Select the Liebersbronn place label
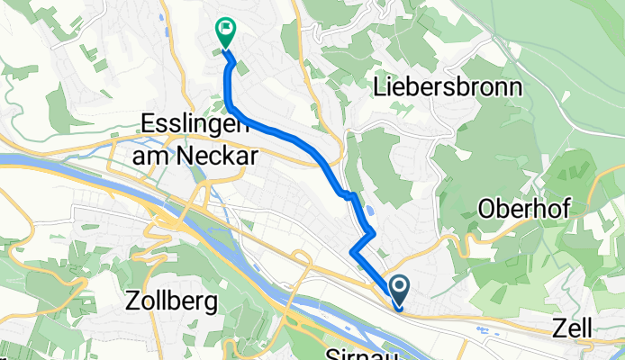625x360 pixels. tap(447, 88)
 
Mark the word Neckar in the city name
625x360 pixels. tap(213, 155)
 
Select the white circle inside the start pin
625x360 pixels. tap(399, 287)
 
